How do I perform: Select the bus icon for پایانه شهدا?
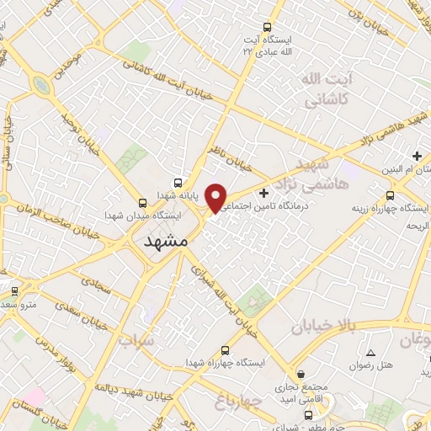click(178, 183)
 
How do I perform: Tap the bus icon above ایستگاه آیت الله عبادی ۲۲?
click(268, 27)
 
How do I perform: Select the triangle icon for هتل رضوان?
click(371, 351)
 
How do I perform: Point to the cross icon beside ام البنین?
click(417, 156)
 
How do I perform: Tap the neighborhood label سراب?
click(138, 341)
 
